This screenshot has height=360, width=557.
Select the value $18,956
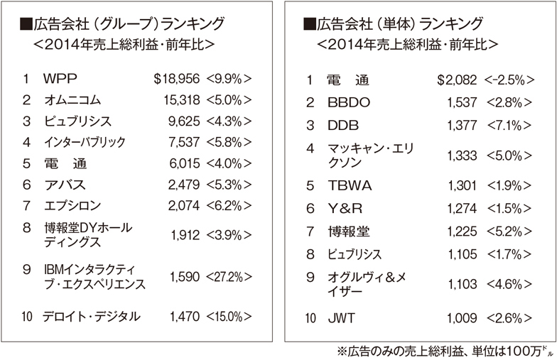click(178, 78)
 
